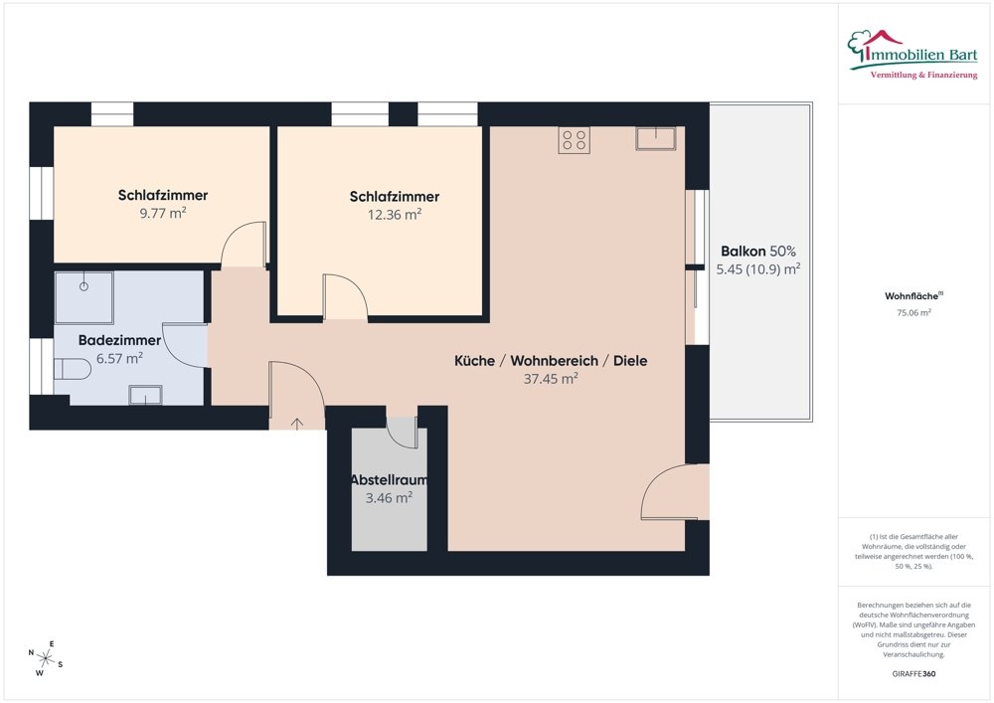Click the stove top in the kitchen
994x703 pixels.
pyautogui.click(x=574, y=140)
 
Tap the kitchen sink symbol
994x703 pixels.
pyautogui.click(x=656, y=138)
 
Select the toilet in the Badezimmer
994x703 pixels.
pyautogui.click(x=73, y=370)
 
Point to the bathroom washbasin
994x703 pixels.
pyautogui.click(x=146, y=395)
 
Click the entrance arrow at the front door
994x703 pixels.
pyautogui.click(x=297, y=424)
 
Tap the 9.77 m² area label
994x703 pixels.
pyautogui.click(x=162, y=213)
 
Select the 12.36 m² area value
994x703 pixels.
pyautogui.click(x=395, y=215)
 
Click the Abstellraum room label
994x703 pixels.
pyautogui.click(x=388, y=480)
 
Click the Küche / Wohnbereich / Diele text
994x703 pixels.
pyautogui.click(x=550, y=361)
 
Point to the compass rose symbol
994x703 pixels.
pyautogui.click(x=46, y=656)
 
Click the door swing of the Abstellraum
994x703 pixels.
pyautogui.click(x=403, y=434)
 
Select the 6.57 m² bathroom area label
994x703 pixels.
pyautogui.click(x=120, y=358)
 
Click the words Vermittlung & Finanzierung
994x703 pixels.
pyautogui.click(x=923, y=76)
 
